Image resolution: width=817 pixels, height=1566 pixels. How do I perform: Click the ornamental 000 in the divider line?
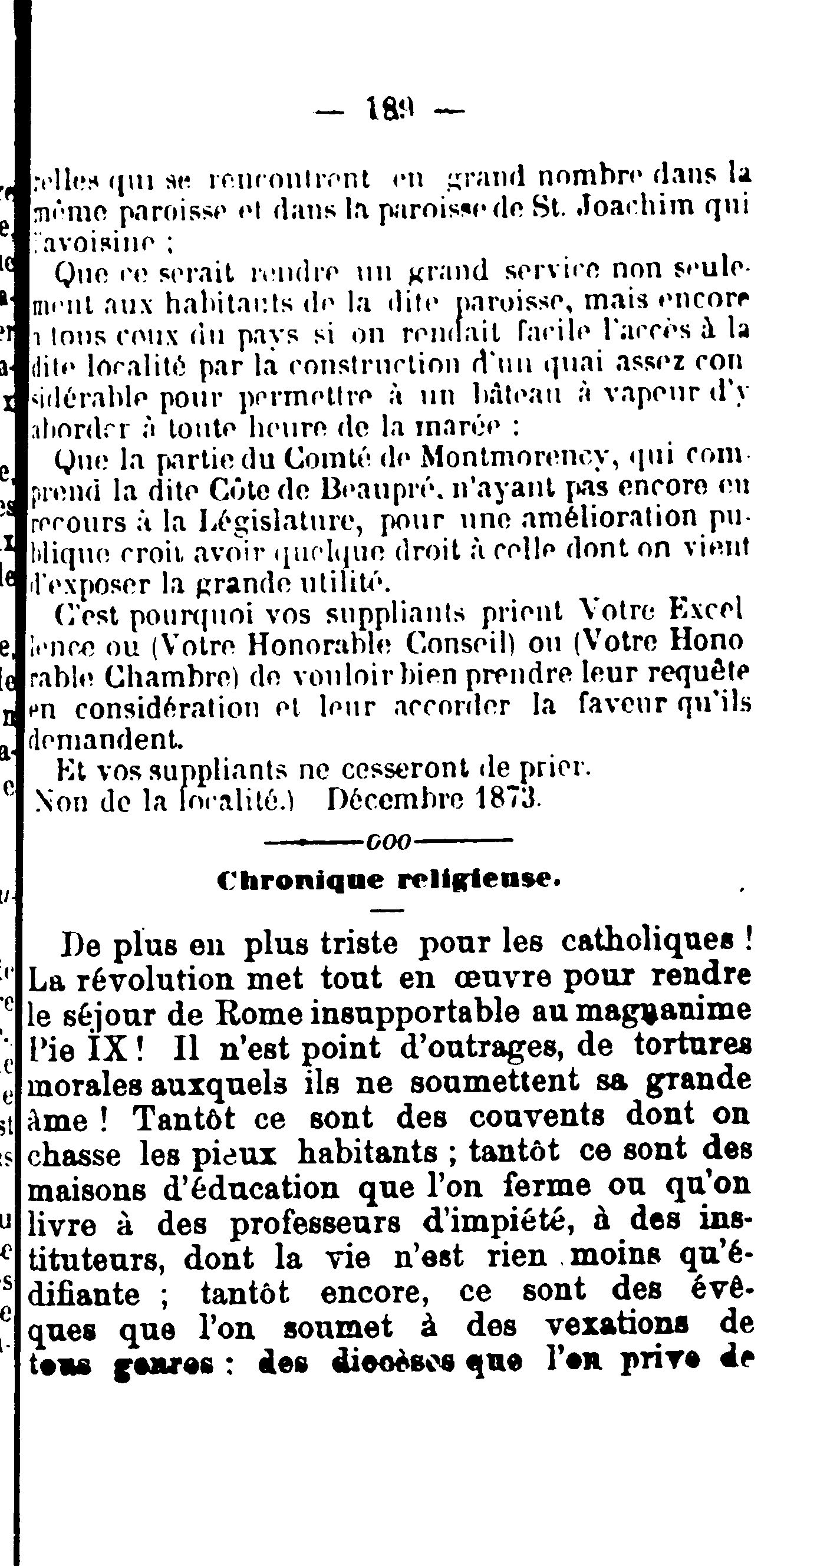pos(389,843)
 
